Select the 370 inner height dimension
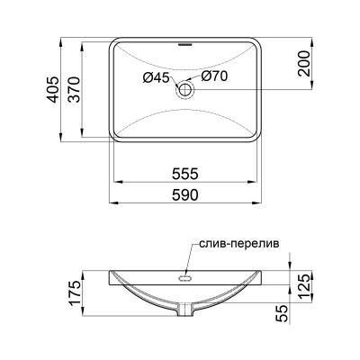tap(88, 88)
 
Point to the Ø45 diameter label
tap(156, 78)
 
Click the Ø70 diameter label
tap(213, 78)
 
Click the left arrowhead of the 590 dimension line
tap(112, 202)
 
